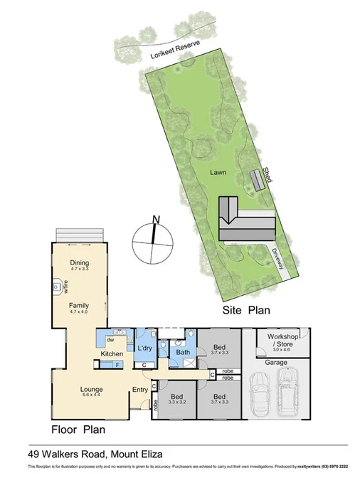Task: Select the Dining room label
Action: pos(79,264)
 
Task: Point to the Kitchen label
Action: pos(112,353)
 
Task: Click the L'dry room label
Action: pos(146,348)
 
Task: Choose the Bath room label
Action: pos(183,352)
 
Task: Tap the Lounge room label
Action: pos(92,389)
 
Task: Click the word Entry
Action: pos(140,389)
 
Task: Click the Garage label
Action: pos(276,363)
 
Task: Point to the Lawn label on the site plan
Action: pos(217,172)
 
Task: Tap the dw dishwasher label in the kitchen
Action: pos(111,340)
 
